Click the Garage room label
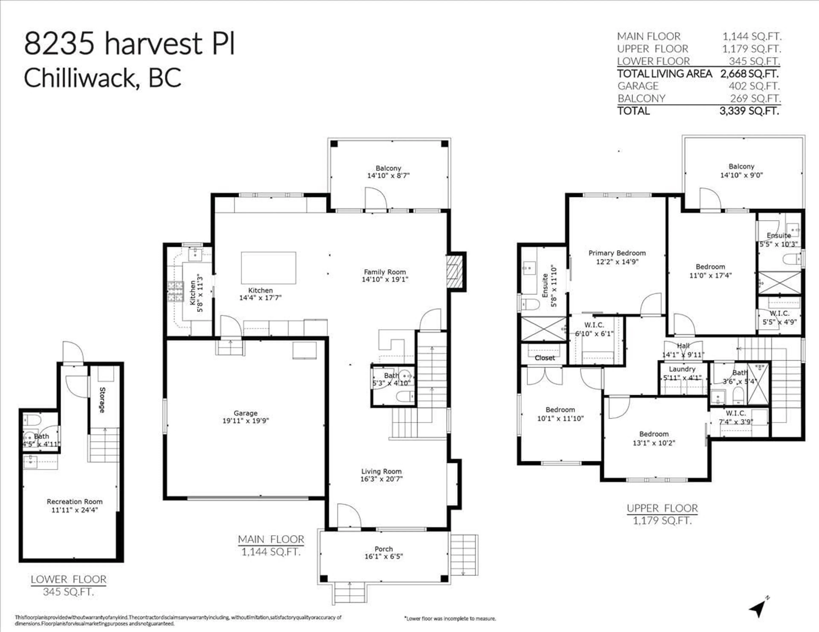(x=246, y=413)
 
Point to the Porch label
(x=384, y=549)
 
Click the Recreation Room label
(x=75, y=502)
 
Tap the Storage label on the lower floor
(x=102, y=400)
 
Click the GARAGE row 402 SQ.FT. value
(x=754, y=86)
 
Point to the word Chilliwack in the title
(x=82, y=78)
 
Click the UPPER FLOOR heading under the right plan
(x=662, y=508)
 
